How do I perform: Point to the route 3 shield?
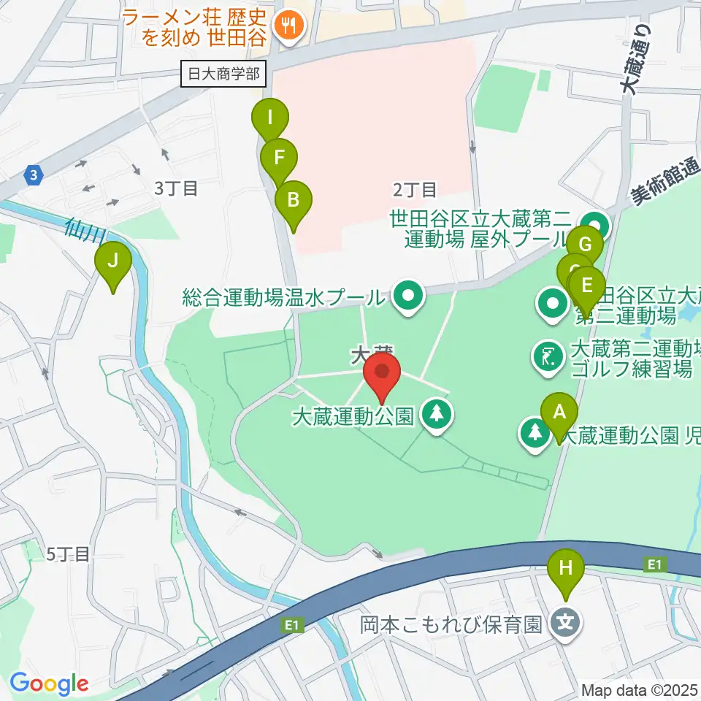(32, 175)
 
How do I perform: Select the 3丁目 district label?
(176, 188)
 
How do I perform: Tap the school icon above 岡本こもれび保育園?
(567, 623)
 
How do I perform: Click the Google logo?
(49, 683)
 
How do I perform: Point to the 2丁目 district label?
(415, 191)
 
